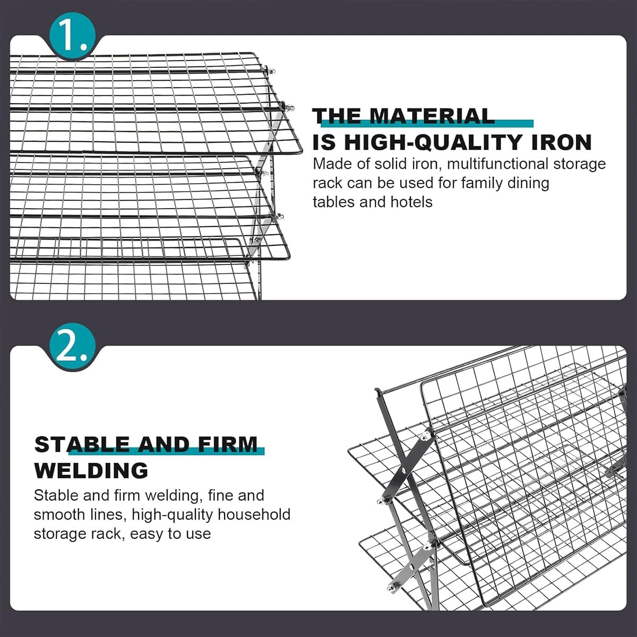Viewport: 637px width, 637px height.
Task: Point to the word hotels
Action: pos(411,202)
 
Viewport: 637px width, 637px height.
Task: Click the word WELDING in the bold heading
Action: pos(91,470)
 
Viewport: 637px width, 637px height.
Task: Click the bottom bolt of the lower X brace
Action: pos(392,586)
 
